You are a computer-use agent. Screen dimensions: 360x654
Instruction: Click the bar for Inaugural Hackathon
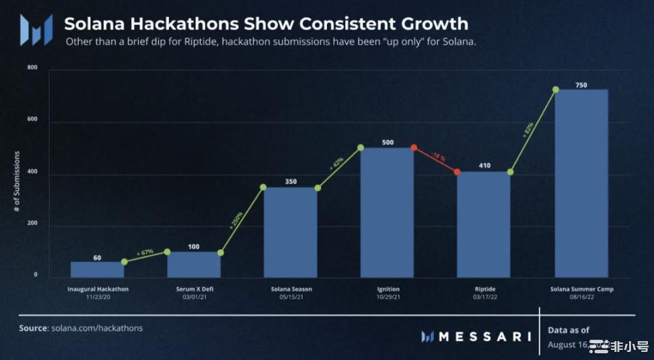coord(98,269)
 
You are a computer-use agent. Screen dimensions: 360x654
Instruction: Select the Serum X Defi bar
coord(194,264)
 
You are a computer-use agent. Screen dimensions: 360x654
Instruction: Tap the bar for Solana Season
coord(291,232)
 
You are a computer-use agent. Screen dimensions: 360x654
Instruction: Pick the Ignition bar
coord(387,213)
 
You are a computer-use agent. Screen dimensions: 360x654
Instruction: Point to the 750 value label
coord(582,85)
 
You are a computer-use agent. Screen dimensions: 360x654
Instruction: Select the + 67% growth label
coord(145,252)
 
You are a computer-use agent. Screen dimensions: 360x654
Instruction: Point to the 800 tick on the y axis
coord(32,69)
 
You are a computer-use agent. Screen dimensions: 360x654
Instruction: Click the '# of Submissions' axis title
coord(17,182)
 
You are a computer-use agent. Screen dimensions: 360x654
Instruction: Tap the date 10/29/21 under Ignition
coord(388,297)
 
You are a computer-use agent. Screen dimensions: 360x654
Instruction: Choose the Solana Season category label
coord(291,289)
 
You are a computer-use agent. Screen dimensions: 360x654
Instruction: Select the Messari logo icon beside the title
coord(36,30)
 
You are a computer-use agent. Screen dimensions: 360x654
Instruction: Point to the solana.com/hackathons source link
coord(97,328)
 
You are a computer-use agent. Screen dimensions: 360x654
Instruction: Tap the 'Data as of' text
coord(569,330)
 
